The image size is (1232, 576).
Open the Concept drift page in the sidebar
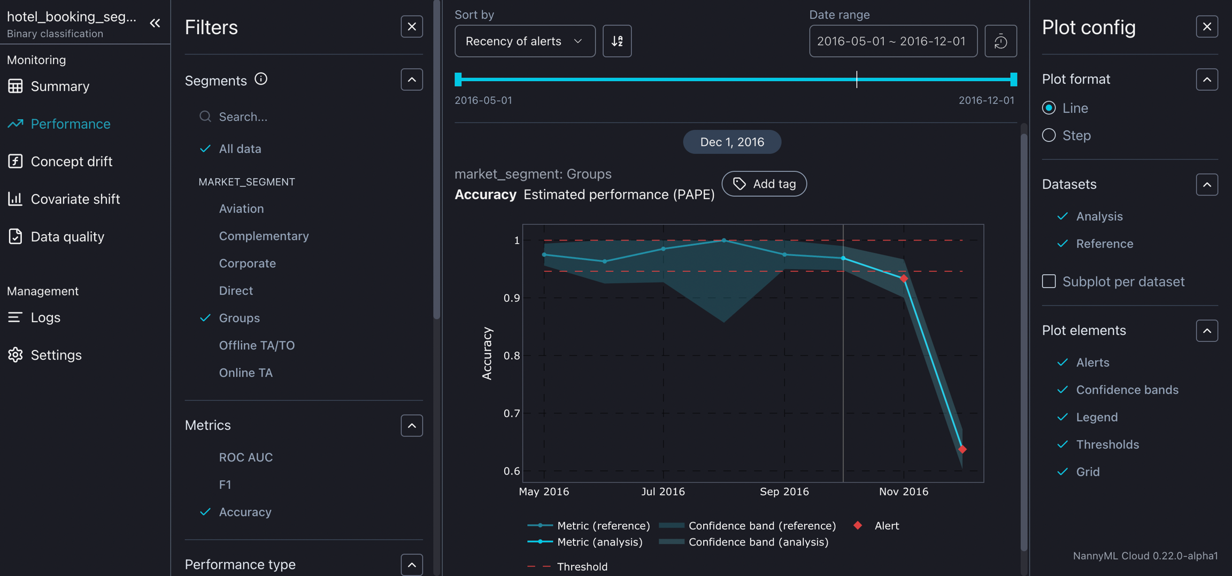pyautogui.click(x=71, y=161)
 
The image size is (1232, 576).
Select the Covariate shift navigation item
pyautogui.click(x=75, y=199)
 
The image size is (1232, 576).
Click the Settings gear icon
pyautogui.click(x=15, y=355)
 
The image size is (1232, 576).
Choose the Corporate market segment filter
pyautogui.click(x=247, y=263)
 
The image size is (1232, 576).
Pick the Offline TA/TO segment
pyautogui.click(x=257, y=345)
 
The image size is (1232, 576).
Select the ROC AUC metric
pyautogui.click(x=245, y=457)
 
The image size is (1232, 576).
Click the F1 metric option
pyautogui.click(x=225, y=485)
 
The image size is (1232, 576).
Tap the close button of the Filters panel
pyautogui.click(x=411, y=27)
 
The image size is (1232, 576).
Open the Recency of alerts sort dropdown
pyautogui.click(x=524, y=41)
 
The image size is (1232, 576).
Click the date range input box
pyautogui.click(x=892, y=41)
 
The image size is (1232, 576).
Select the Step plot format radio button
pyautogui.click(x=1049, y=135)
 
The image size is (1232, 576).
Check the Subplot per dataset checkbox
pyautogui.click(x=1049, y=281)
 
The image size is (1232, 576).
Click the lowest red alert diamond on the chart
pyautogui.click(x=962, y=449)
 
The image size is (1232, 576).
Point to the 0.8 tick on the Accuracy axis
pyautogui.click(x=512, y=355)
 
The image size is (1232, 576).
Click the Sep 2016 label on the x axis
pyautogui.click(x=784, y=492)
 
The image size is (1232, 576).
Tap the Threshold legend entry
pyautogui.click(x=581, y=566)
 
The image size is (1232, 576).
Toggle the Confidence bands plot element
pyautogui.click(x=1127, y=390)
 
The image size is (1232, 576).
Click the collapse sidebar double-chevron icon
pyautogui.click(x=155, y=23)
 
